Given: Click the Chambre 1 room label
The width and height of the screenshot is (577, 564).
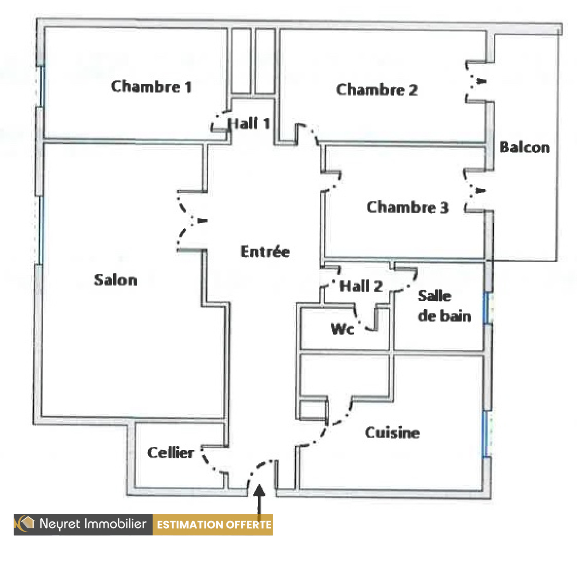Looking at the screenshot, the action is pos(151,86).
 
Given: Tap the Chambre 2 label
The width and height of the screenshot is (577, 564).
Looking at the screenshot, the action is pos(377,90).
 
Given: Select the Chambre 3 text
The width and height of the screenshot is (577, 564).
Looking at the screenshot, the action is pos(408,207).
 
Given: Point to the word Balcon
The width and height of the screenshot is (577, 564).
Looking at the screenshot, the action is pos(525,147).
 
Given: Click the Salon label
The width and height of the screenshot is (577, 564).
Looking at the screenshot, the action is pos(115,280).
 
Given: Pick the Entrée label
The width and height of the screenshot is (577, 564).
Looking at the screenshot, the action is pos(265,251).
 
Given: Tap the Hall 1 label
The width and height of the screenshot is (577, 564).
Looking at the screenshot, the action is pos(249,124).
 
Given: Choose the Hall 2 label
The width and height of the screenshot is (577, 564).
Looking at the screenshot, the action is pos(361,286).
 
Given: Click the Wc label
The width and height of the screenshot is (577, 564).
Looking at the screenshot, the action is pos(342,329).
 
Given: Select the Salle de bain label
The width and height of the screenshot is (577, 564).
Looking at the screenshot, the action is pos(444,306).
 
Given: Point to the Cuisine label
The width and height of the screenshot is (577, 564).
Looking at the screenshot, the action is pos(392,432).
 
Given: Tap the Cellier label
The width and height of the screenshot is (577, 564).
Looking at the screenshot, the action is pos(171,453).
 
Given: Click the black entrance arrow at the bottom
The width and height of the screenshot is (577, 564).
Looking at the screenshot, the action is pos(259,499).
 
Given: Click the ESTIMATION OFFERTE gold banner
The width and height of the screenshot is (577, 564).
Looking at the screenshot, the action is pos(213,524).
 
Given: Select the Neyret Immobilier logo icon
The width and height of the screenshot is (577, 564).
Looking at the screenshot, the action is pos(25,524).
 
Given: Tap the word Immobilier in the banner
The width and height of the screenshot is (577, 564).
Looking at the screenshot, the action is pos(115,524).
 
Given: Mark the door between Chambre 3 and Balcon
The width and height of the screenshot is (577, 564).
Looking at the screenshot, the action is pos(475,191).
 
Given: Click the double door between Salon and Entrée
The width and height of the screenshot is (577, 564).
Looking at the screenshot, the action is pos(191,221).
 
